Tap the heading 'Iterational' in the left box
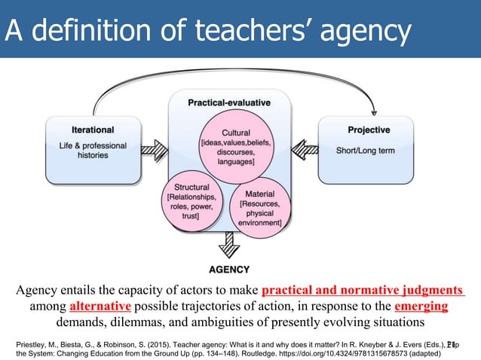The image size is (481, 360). [93, 130]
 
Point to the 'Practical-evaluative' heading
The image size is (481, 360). [229, 102]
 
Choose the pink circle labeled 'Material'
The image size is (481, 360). [259, 207]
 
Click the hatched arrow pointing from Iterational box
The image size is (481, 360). [155, 150]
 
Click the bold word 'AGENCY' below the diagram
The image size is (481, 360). [229, 269]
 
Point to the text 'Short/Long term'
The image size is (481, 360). [366, 151]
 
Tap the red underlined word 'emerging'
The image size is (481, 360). [421, 307]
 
